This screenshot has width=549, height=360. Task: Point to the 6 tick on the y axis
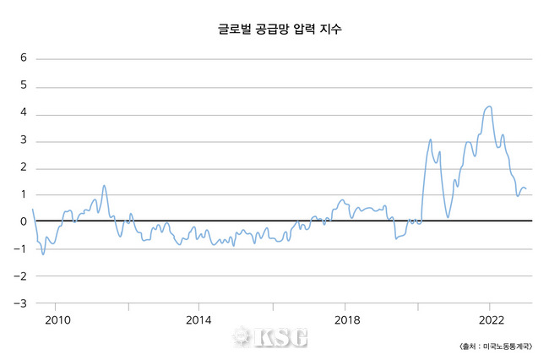pos(24,59)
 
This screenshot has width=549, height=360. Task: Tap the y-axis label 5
pos(24,86)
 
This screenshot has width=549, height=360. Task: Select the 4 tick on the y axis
pos(24,113)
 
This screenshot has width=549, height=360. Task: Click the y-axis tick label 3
pos(24,140)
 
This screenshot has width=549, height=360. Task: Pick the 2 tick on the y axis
pos(24,167)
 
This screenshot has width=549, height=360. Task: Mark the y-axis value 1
pos(24,194)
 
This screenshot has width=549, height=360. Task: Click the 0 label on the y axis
pos(24,221)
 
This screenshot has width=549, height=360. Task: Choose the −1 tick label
pos(21,248)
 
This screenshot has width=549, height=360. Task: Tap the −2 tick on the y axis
pos(21,275)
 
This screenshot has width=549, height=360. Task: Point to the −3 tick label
pos(21,303)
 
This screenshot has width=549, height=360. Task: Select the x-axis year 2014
pos(198,319)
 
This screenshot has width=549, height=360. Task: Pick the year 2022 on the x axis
pos(492,319)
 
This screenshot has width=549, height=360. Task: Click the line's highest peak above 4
pos(489,106)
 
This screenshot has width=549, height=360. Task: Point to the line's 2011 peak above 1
pos(104,185)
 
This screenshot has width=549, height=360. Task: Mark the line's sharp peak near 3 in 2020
pos(430,139)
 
